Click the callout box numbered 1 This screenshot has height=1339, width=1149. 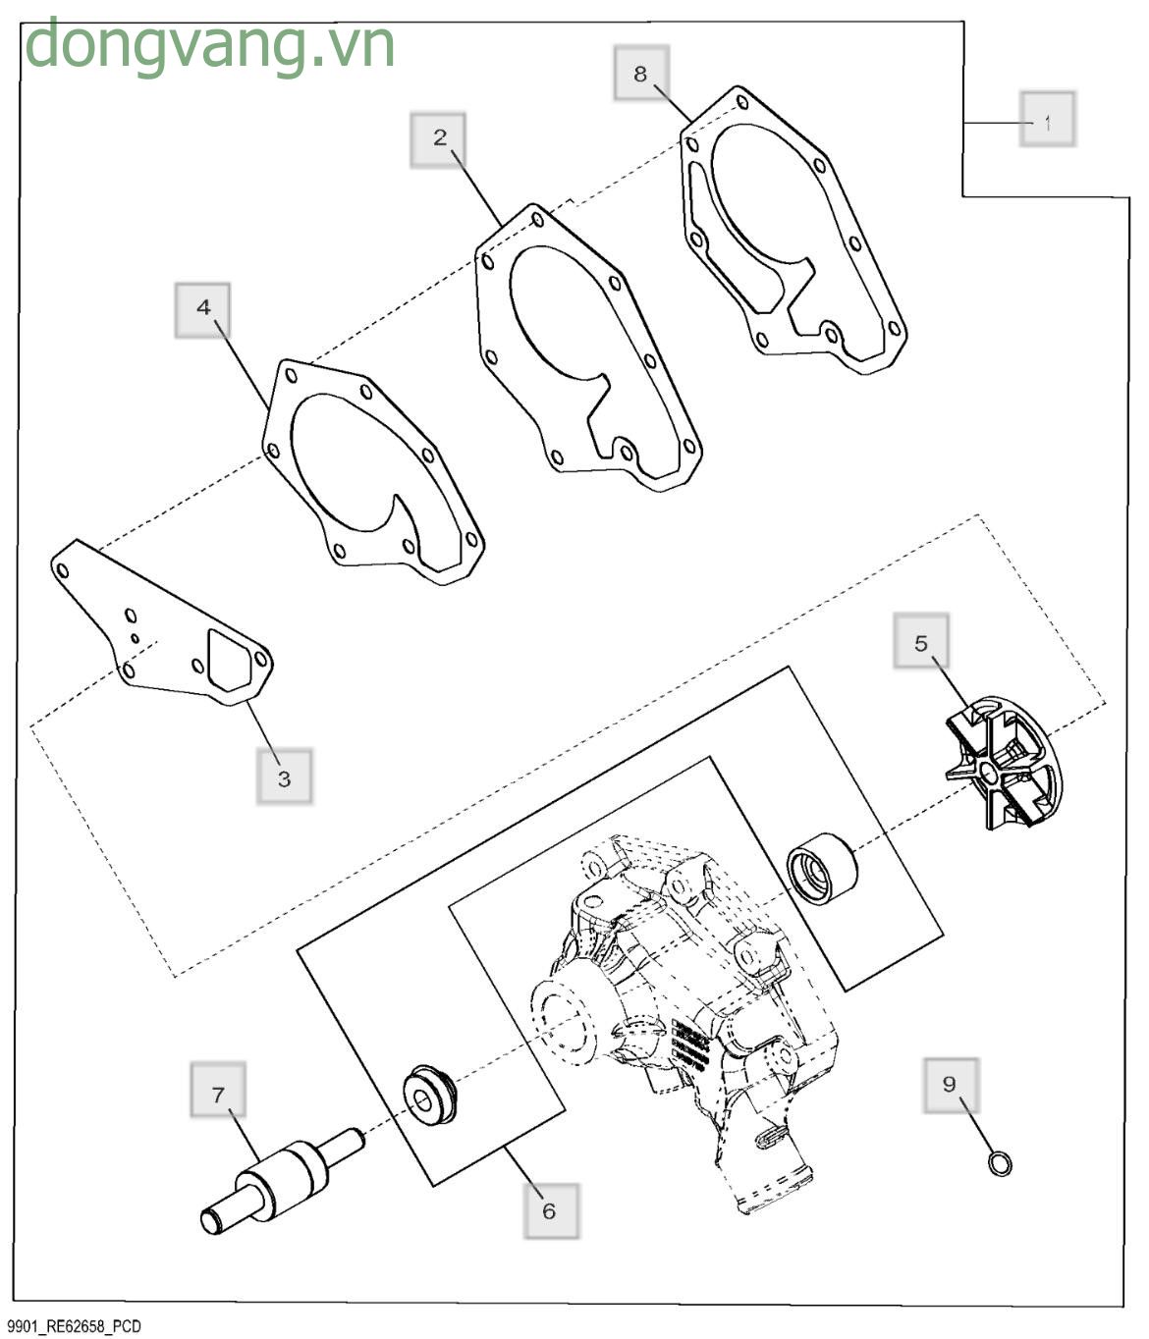coord(1047,119)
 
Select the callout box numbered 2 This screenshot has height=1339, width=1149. coord(438,140)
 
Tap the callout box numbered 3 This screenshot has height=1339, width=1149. coord(285,777)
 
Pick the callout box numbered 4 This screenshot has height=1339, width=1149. coord(202,310)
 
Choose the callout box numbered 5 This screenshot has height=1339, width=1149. coord(921,641)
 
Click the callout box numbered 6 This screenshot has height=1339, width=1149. coord(552,1211)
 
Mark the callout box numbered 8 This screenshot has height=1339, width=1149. coord(641,73)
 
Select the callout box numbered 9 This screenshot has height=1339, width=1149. coord(952,1086)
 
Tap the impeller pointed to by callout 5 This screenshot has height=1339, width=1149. coord(1003,764)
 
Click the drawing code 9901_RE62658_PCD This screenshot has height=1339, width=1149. coord(75,1326)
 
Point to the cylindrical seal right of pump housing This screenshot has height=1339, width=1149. coord(822,871)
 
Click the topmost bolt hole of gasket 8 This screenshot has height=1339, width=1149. coord(742,103)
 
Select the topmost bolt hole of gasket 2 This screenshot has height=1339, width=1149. coord(537,220)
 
